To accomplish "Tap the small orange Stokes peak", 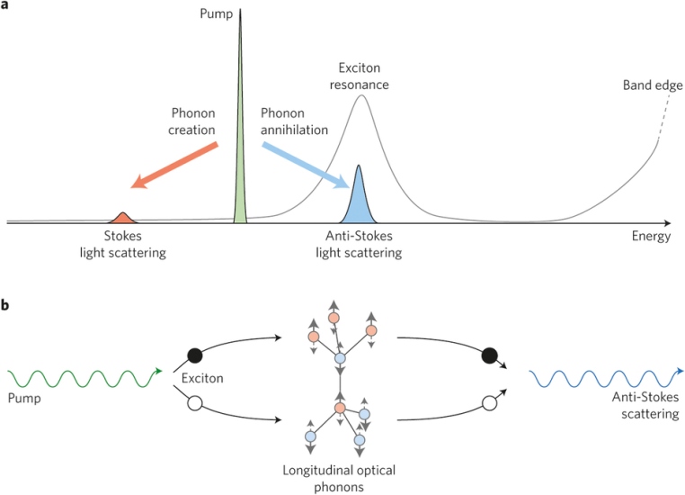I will pyautogui.click(x=123, y=218).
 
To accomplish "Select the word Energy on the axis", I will pyautogui.click(x=653, y=237).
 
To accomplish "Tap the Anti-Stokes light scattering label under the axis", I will pyautogui.click(x=359, y=244).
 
